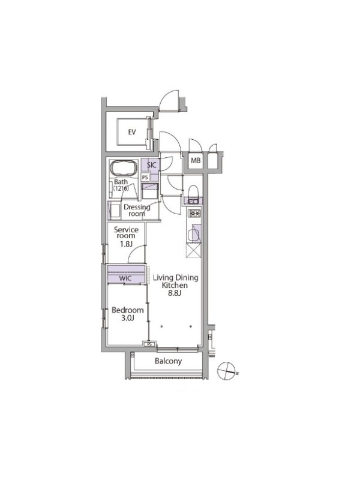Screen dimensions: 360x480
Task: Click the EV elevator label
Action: (x=132, y=132)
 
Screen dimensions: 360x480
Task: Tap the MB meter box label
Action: (x=196, y=160)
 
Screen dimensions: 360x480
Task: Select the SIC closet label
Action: (x=152, y=165)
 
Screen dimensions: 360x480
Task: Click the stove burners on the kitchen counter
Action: (x=194, y=213)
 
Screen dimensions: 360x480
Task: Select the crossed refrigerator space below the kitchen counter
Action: (x=194, y=251)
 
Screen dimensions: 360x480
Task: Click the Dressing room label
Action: (x=137, y=211)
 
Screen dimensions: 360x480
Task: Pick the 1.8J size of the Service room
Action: (x=126, y=244)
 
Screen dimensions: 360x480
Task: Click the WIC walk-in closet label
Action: (x=125, y=278)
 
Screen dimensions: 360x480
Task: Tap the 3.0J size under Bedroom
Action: (x=128, y=318)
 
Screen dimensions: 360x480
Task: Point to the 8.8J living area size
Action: (x=175, y=293)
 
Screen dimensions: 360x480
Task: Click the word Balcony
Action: (x=168, y=361)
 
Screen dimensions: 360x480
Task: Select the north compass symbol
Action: (x=227, y=371)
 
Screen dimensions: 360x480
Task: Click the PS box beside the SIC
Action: (x=145, y=178)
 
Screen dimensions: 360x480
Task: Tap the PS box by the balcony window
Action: (x=149, y=344)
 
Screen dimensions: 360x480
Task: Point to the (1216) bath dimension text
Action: (x=121, y=188)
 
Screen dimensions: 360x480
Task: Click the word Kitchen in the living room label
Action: (x=175, y=286)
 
